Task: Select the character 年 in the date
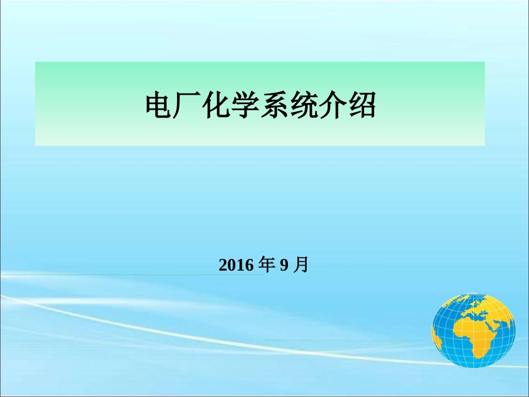(268, 264)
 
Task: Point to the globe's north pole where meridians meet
(473, 293)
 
